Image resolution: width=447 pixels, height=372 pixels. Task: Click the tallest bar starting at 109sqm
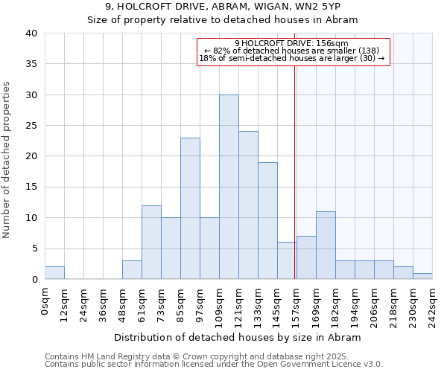click(x=229, y=187)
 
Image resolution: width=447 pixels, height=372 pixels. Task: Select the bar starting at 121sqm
click(x=248, y=205)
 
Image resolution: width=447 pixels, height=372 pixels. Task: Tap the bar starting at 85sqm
click(x=190, y=208)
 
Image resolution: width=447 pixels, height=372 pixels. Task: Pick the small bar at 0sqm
click(x=54, y=273)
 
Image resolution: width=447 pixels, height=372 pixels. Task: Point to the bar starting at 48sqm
click(x=132, y=270)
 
